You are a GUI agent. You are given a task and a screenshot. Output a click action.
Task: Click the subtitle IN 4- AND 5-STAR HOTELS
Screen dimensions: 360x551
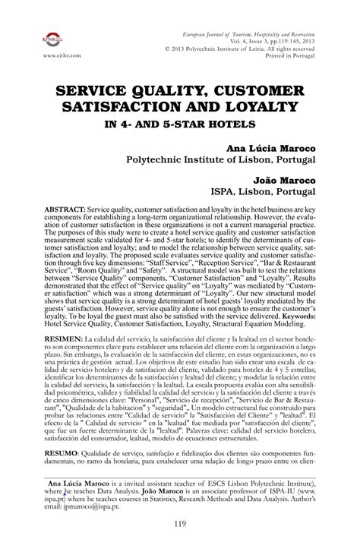pos(180,121)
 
